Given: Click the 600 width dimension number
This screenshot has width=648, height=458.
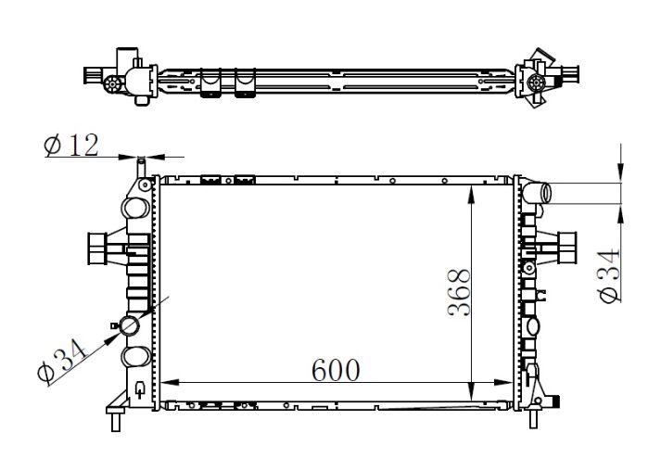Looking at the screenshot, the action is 336,370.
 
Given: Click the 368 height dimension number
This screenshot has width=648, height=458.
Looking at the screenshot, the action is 459,293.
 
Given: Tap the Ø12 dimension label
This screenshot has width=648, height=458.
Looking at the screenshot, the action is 71,146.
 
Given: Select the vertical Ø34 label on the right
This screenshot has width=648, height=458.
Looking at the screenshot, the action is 609,274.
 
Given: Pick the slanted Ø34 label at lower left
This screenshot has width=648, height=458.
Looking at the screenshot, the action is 62,360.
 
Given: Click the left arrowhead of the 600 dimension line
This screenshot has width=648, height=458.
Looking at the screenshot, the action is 169,382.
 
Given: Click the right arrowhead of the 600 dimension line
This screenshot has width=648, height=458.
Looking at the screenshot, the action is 503,382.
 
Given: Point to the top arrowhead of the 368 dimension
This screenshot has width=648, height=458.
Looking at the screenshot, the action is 471,195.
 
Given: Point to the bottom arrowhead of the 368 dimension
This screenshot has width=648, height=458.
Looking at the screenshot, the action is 471,391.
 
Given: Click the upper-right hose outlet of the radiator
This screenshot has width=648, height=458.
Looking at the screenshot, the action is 537,193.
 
